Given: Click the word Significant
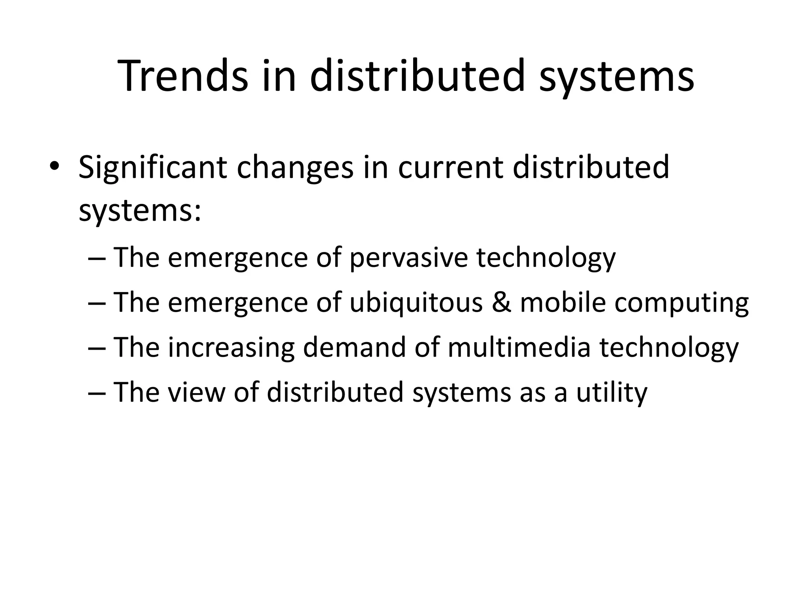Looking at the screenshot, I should (x=153, y=168).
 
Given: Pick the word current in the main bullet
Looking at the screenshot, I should (x=450, y=168).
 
